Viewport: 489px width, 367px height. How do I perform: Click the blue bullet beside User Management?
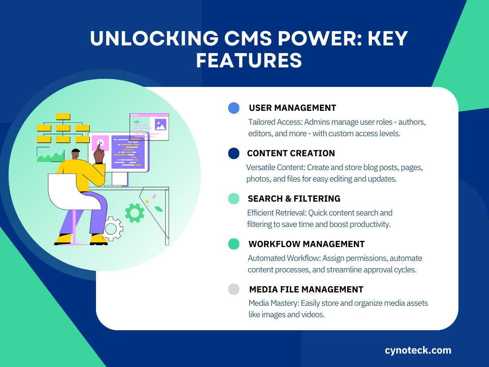(x=234, y=108)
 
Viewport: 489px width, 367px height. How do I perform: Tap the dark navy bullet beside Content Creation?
(x=234, y=153)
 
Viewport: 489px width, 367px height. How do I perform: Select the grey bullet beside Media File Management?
(x=234, y=289)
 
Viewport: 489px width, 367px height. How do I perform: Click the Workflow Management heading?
(x=306, y=244)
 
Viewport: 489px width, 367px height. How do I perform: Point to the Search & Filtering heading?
(x=294, y=199)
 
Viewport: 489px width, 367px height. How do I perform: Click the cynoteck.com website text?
(x=418, y=350)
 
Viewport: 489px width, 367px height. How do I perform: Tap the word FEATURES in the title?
(x=249, y=60)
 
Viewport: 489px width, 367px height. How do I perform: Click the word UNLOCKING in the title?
(x=154, y=38)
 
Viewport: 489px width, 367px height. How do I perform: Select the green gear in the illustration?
(x=135, y=213)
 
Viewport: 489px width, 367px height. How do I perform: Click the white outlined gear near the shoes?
(x=112, y=229)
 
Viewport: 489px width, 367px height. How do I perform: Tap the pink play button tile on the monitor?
(x=100, y=143)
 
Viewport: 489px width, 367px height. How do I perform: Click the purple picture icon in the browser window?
(x=160, y=125)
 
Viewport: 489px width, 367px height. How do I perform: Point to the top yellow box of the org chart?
(x=63, y=117)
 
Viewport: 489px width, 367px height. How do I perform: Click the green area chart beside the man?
(x=51, y=157)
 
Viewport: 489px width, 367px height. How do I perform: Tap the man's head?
(x=76, y=154)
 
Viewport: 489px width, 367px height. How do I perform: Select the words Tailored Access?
(x=275, y=122)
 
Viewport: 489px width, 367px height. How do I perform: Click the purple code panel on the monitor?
(x=128, y=152)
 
